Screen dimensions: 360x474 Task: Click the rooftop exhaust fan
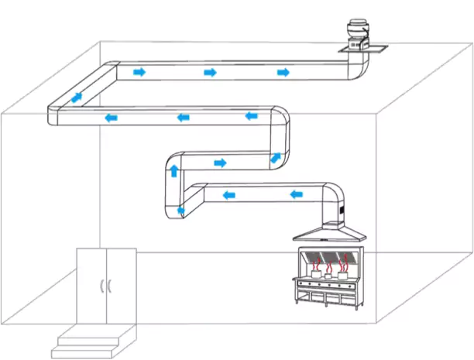tap(358, 33)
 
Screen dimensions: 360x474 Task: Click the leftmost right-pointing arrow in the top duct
tap(139, 72)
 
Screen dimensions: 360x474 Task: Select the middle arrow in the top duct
tap(210, 72)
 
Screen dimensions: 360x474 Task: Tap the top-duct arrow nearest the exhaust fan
tap(283, 72)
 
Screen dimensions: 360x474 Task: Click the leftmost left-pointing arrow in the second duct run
tap(112, 118)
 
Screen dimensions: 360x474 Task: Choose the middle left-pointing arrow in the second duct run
tap(183, 118)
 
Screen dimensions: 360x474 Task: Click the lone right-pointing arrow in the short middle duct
tap(221, 163)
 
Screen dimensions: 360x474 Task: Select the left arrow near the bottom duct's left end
tap(229, 194)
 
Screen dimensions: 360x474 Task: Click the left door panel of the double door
tap(91, 283)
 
